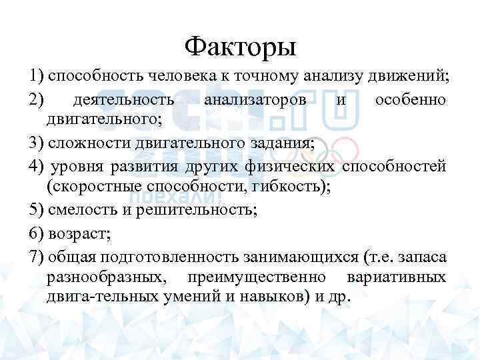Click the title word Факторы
(x=240, y=47)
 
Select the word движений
(x=414, y=76)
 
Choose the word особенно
(x=411, y=99)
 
